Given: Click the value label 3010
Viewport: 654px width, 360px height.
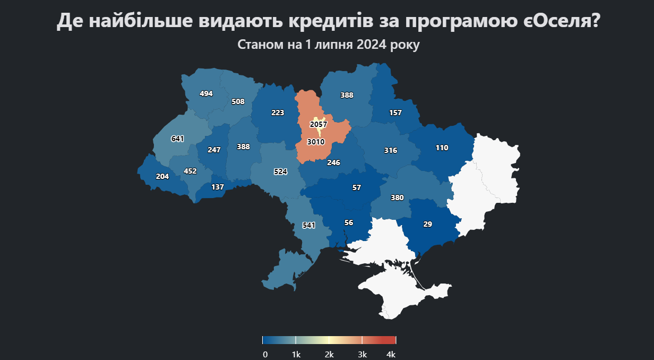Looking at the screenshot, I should pos(315,142).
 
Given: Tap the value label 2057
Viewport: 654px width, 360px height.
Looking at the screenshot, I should pos(319,124).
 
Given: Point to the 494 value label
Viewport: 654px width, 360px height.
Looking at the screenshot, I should pos(206,94).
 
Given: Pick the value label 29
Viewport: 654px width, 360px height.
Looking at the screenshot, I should pos(428,225).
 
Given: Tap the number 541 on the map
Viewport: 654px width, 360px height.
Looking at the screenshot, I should pos(309,225).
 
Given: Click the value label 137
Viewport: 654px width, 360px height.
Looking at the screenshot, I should pos(218,187).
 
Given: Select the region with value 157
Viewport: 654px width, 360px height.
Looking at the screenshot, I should pos(395,113).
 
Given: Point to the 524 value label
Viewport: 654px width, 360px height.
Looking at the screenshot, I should pos(280,172).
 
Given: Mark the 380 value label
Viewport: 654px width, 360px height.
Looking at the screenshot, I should pos(397,198).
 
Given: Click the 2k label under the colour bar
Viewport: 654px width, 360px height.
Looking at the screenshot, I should pos(329,354).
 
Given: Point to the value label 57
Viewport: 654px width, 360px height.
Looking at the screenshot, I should pos(356,188).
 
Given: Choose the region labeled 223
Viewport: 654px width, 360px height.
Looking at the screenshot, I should pos(278,113).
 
